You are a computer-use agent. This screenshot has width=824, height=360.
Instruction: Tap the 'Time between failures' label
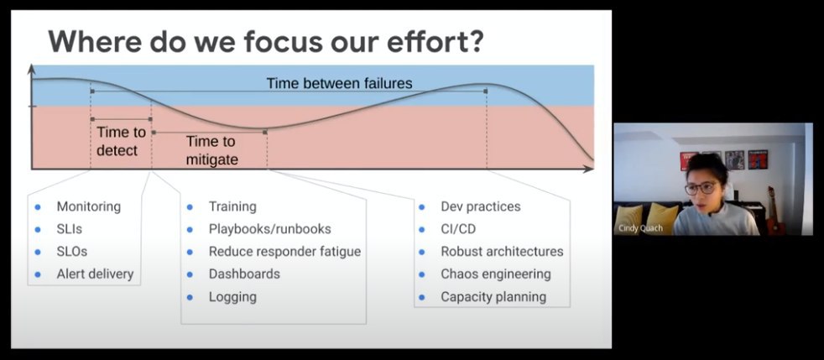pos(339,83)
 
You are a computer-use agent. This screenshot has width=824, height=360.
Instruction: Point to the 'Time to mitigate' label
pos(211,150)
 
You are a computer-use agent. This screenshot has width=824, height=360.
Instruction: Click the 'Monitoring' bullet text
pos(89,206)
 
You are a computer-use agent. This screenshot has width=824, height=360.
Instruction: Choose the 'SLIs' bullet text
pos(70,229)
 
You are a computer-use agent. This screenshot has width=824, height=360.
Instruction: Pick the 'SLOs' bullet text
pos(72,251)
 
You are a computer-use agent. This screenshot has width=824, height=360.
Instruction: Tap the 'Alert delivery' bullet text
pos(95,274)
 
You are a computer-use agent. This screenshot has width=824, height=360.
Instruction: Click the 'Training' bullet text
pos(232,206)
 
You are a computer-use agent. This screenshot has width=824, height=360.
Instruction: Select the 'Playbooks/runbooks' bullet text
pos(269,229)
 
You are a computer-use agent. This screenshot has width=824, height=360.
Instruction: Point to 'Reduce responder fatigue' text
pos(284,252)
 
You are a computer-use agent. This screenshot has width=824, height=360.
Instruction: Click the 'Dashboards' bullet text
pos(244,274)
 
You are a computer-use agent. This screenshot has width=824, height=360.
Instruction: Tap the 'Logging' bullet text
pos(232,297)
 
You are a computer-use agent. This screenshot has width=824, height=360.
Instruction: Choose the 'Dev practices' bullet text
pos(480,206)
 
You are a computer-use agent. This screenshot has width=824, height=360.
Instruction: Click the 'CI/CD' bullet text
pos(458,229)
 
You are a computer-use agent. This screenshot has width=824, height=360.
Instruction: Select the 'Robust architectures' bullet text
pos(502,252)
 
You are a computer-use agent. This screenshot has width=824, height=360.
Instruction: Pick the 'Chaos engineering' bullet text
pos(496,274)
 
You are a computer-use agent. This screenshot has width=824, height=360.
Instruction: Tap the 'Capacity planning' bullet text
pos(493,297)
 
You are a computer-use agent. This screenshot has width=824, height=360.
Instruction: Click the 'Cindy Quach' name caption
pos(640,228)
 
